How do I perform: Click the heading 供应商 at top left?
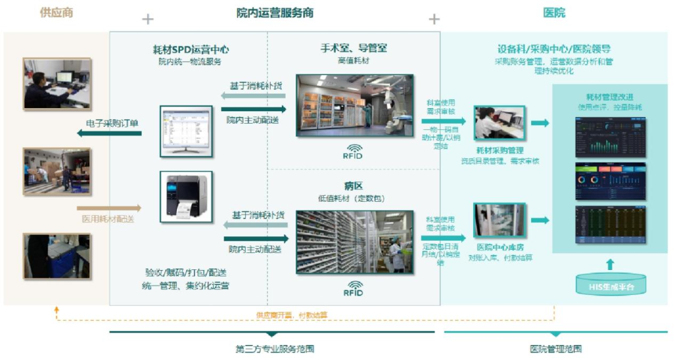[x=56, y=12]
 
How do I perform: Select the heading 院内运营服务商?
[x=275, y=12]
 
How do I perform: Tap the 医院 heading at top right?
[x=554, y=12]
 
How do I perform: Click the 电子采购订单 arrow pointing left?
[x=109, y=133]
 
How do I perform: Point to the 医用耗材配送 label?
[x=108, y=219]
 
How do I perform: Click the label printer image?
[x=186, y=197]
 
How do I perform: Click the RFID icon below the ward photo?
[x=354, y=288]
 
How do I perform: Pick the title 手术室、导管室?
[x=354, y=47]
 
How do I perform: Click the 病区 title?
[x=354, y=186]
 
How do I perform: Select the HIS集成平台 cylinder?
[x=610, y=285]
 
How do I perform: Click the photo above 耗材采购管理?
[x=499, y=122]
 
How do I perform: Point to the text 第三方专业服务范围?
[x=274, y=349]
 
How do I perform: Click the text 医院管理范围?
[x=556, y=349]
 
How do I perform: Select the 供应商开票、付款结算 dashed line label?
[x=292, y=315]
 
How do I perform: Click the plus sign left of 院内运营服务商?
[x=147, y=19]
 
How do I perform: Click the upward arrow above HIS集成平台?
[x=610, y=264]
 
